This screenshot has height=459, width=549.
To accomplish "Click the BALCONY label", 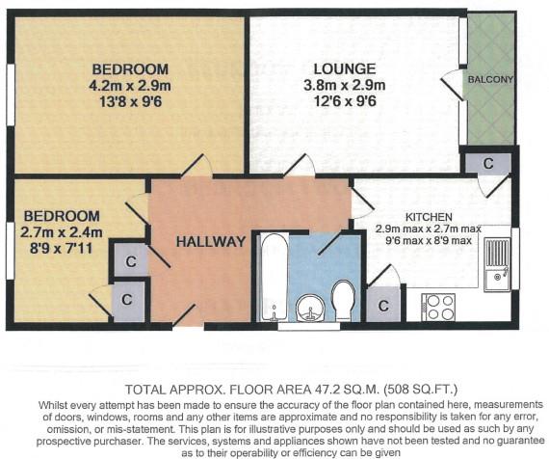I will click(489, 78).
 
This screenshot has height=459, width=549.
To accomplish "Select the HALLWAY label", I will click(209, 241).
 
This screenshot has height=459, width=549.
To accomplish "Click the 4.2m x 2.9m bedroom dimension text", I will click(130, 85).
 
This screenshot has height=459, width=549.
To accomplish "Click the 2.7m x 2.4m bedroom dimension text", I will click(61, 230).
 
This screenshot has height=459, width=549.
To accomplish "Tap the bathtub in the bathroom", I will click(274, 275).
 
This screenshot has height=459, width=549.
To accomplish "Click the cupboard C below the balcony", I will click(487, 163).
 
